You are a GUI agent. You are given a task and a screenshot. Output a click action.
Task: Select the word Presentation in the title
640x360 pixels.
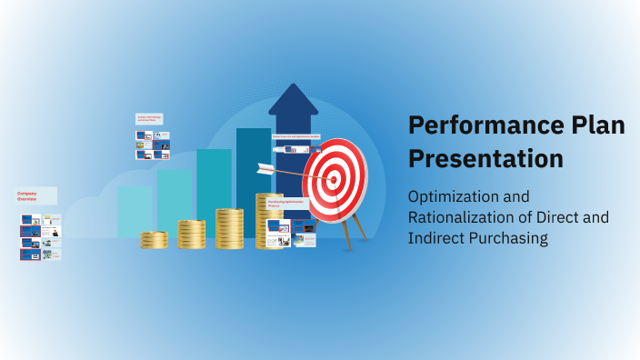(x=485, y=158)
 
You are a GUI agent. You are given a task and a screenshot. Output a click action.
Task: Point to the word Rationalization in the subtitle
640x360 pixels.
(x=463, y=217)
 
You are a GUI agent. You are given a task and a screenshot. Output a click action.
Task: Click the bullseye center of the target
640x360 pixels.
(x=334, y=180)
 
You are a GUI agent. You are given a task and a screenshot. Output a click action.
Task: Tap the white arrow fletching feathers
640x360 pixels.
(x=265, y=167)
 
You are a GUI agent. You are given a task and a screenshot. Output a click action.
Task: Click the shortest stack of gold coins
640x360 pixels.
(x=154, y=240)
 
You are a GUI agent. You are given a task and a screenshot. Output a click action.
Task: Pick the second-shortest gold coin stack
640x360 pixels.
(x=191, y=235)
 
